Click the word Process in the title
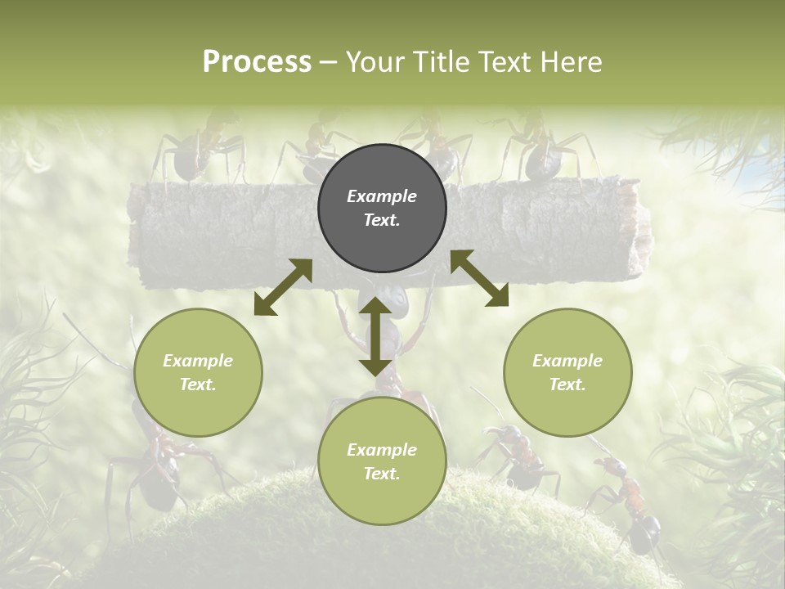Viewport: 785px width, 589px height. [x=257, y=62]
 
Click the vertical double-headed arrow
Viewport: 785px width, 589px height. [x=375, y=336]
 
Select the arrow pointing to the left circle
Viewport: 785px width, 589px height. [x=283, y=287]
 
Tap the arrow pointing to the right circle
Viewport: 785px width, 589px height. [x=479, y=278]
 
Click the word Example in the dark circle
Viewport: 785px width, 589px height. [x=382, y=196]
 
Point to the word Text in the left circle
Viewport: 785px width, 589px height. [x=197, y=384]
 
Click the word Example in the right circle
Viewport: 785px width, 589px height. [x=567, y=361]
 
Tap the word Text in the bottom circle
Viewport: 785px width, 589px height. [x=381, y=474]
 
